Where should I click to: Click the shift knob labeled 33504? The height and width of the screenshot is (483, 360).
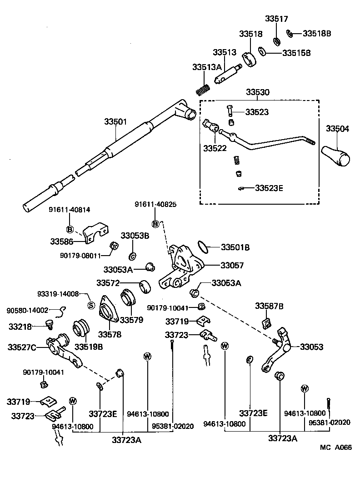[336, 156]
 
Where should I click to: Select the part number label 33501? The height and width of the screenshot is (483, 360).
[115, 122]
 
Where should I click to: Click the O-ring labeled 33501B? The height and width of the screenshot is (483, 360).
[204, 247]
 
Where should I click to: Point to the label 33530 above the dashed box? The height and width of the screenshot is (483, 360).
[258, 92]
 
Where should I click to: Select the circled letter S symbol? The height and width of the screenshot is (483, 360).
[90, 305]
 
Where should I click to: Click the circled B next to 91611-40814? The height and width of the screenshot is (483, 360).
[70, 229]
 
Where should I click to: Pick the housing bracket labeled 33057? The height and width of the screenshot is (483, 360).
[182, 268]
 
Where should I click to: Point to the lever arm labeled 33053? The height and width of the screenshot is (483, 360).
[280, 350]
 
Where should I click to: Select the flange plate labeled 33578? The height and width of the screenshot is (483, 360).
[109, 312]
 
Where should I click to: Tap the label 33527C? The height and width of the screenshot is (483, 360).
[22, 347]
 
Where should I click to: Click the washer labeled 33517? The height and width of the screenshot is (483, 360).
[276, 41]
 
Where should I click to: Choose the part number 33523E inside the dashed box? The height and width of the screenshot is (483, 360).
[269, 187]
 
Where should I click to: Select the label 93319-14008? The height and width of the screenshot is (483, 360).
[58, 294]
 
